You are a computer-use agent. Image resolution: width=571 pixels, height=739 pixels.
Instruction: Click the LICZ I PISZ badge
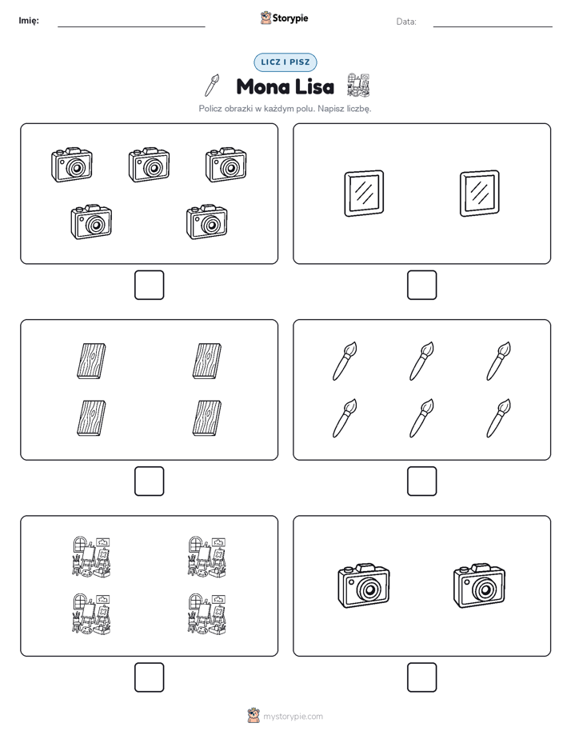(x=285, y=62)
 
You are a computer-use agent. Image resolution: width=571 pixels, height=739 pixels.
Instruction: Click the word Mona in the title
(x=263, y=86)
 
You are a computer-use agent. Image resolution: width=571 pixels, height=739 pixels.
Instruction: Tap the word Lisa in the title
(x=315, y=86)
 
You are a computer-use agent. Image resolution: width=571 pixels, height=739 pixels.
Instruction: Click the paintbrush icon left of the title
(x=212, y=85)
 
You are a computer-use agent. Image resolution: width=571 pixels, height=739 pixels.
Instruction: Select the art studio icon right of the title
(x=358, y=85)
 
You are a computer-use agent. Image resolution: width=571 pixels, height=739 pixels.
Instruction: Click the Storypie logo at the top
(x=284, y=18)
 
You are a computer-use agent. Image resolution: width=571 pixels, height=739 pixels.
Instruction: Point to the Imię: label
(x=29, y=20)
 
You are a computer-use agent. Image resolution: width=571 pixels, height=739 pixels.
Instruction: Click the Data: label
(x=406, y=22)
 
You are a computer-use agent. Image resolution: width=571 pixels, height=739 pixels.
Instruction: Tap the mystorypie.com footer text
(x=293, y=717)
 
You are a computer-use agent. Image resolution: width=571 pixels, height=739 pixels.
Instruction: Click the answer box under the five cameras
(x=149, y=285)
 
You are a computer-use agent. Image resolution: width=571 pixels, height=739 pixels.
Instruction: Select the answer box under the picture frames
(x=421, y=285)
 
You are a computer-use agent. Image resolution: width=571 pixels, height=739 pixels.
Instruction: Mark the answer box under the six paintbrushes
(x=421, y=481)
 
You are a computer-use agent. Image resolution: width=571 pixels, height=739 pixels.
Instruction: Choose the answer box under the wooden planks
(x=149, y=481)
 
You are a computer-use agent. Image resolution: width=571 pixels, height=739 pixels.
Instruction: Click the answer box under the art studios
(x=149, y=677)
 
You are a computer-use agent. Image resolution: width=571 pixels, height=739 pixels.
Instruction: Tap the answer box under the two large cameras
(x=421, y=677)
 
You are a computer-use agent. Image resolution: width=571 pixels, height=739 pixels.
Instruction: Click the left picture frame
(x=364, y=194)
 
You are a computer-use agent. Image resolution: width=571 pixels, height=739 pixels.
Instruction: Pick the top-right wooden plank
(x=207, y=361)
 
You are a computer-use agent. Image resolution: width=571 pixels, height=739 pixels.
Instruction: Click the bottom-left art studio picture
(x=91, y=613)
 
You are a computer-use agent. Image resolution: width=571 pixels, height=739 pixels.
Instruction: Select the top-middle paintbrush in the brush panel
(x=421, y=361)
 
